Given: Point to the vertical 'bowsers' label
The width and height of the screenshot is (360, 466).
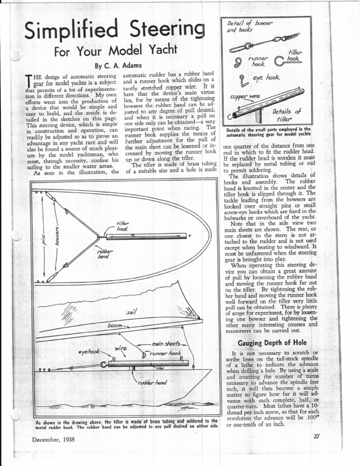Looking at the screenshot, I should click(55, 232).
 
